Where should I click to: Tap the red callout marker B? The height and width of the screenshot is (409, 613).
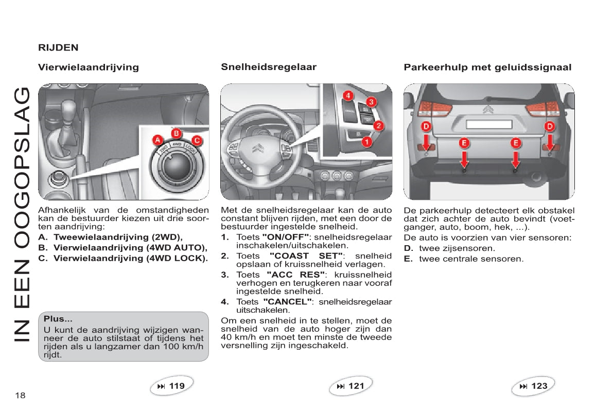pyautogui.click(x=176, y=133)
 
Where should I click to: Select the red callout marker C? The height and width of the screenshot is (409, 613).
pyautogui.click(x=196, y=140)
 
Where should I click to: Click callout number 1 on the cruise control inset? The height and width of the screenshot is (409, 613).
pyautogui.click(x=366, y=141)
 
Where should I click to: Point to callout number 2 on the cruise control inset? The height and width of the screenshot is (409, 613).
pyautogui.click(x=378, y=125)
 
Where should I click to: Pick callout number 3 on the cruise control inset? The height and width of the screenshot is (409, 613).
pyautogui.click(x=370, y=101)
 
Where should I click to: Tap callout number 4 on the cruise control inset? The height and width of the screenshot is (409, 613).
pyautogui.click(x=348, y=95)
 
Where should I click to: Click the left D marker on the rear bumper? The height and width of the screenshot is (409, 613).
pyautogui.click(x=426, y=126)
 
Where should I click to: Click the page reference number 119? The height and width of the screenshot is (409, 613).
pyautogui.click(x=177, y=386)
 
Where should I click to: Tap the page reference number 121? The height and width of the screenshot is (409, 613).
pyautogui.click(x=356, y=386)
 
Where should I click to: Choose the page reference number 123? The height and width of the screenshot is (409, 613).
pyautogui.click(x=539, y=386)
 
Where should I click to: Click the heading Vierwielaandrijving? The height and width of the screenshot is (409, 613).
pyautogui.click(x=89, y=67)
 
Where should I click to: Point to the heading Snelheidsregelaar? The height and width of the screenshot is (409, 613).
pyautogui.click(x=269, y=67)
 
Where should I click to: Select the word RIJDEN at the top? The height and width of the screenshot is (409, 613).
pyautogui.click(x=58, y=47)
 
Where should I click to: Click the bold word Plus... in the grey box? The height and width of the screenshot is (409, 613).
pyautogui.click(x=58, y=319)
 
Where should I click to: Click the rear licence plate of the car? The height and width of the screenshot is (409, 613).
pyautogui.click(x=488, y=124)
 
